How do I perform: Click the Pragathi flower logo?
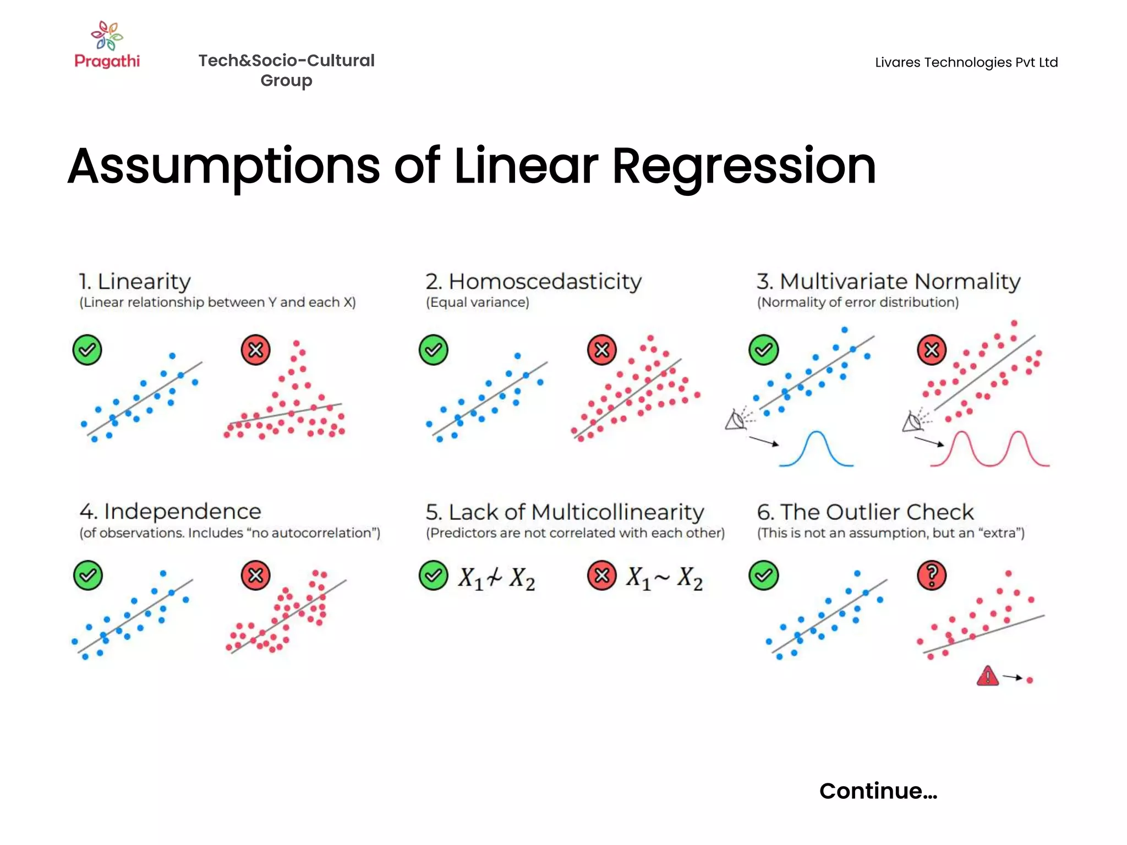coord(107,35)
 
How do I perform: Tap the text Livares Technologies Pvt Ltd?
coord(966,62)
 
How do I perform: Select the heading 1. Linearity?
coord(135,282)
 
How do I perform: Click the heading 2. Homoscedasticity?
coord(533,282)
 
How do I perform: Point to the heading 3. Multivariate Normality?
coord(888,282)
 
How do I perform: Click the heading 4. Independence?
coord(170,512)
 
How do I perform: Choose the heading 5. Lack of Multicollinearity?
coord(565,512)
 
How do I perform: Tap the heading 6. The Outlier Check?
coord(865,512)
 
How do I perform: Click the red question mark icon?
coord(932,575)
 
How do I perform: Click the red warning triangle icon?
coord(988,676)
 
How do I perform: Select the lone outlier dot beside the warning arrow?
coord(1030,681)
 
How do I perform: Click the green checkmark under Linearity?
coord(87,350)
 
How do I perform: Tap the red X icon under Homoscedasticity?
coord(602,350)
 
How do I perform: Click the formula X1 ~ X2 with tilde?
coord(664,578)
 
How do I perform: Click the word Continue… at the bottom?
coord(878,791)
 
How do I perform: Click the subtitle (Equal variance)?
coord(477,303)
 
